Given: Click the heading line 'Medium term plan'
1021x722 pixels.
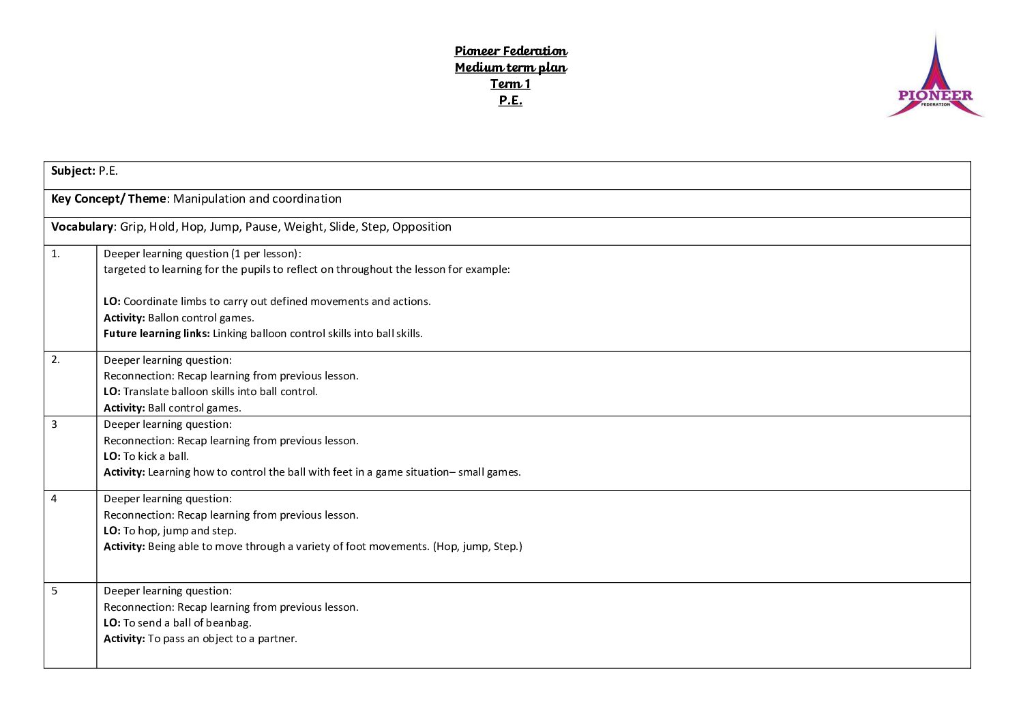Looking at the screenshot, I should click(511, 68).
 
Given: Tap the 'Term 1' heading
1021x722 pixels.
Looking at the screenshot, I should click(510, 84).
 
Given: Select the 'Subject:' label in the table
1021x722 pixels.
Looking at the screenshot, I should click(73, 171).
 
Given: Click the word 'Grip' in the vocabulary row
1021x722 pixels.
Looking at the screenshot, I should click(132, 227).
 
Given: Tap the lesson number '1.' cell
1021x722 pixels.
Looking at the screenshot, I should click(56, 254).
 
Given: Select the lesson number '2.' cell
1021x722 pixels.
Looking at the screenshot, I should click(56, 360).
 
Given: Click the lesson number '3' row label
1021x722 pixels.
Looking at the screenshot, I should click(55, 424).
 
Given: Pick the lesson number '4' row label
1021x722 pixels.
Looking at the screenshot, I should click(55, 499).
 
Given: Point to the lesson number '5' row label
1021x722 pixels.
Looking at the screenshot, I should click(55, 591).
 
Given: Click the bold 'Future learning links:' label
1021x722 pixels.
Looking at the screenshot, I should click(156, 334).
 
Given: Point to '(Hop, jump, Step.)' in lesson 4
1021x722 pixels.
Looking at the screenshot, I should click(477, 547).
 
